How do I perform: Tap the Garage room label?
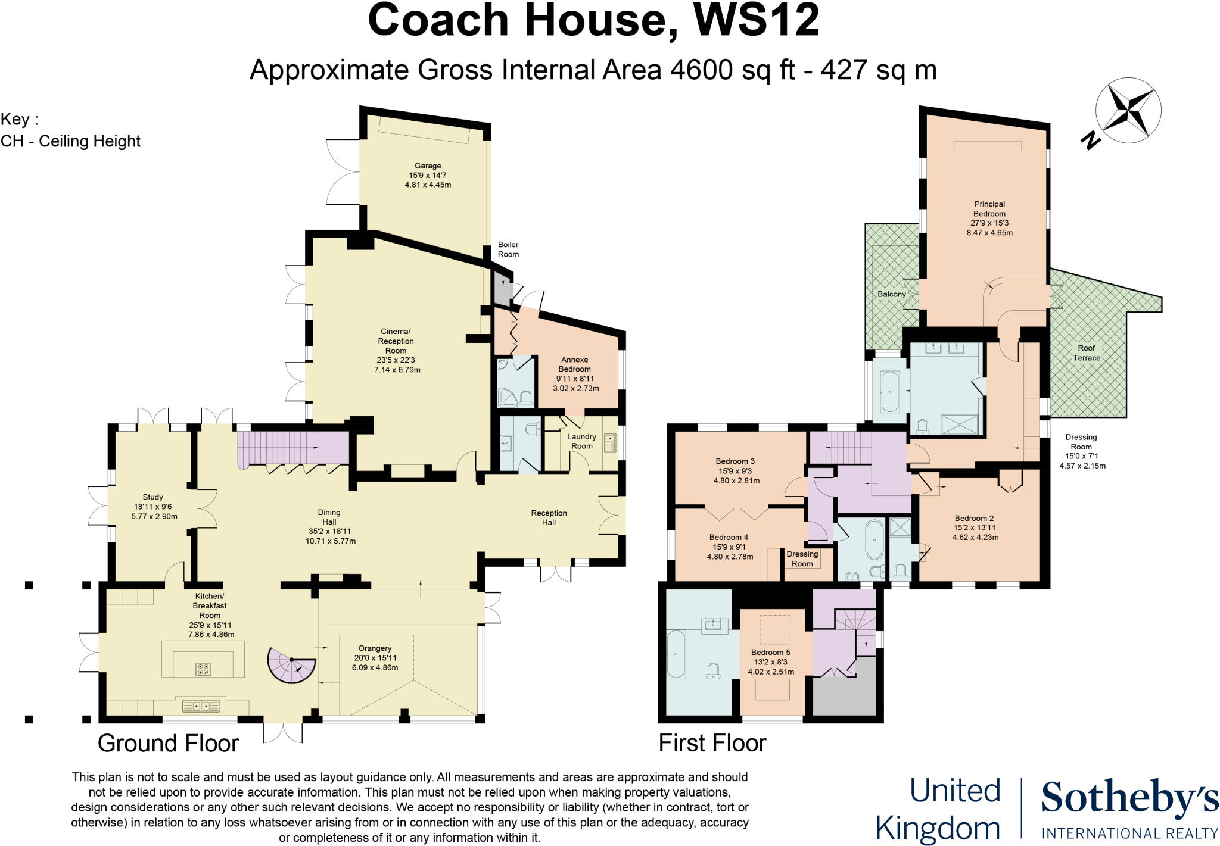pyautogui.click(x=428, y=166)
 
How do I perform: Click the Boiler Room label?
pyautogui.click(x=508, y=249)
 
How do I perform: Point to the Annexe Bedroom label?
pyautogui.click(x=574, y=364)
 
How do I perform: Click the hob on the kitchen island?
pyautogui.click(x=203, y=669)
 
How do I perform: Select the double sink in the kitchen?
pyautogui.click(x=201, y=707)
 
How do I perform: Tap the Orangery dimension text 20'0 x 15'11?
pyautogui.click(x=375, y=658)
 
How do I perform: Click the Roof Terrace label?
pyautogui.click(x=1086, y=353)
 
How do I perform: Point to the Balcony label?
pyautogui.click(x=891, y=294)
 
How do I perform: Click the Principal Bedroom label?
pyautogui.click(x=989, y=209)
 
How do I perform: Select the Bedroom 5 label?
pyautogui.click(x=770, y=653)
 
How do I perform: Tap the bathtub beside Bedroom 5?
pyautogui.click(x=676, y=654)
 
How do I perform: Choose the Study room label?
pyautogui.click(x=153, y=497)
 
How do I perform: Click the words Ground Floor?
pyautogui.click(x=168, y=744)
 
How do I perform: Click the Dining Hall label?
pyautogui.click(x=329, y=517)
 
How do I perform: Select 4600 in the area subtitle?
pyautogui.click(x=701, y=70)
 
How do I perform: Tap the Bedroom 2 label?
pyautogui.click(x=974, y=519)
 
